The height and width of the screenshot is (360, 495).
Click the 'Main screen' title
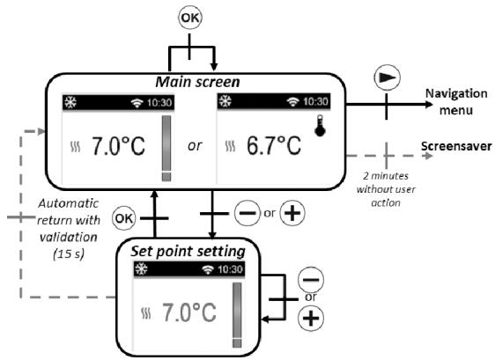(x=199, y=81)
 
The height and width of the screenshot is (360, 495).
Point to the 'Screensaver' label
(x=456, y=146)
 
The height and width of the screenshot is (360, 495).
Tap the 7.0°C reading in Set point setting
(x=192, y=313)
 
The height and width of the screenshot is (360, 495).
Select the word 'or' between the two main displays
(x=195, y=145)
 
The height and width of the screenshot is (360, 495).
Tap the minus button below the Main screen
(x=246, y=215)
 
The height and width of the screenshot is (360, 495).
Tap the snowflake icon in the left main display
(x=73, y=102)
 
